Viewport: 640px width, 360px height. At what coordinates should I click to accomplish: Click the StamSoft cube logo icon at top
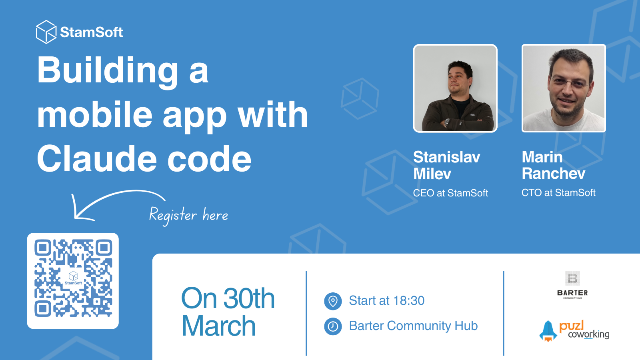point(46,32)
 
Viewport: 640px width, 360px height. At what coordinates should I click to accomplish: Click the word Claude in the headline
point(97,159)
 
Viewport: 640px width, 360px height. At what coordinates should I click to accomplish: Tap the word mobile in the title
point(95,115)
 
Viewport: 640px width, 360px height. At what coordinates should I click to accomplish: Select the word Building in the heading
point(107,71)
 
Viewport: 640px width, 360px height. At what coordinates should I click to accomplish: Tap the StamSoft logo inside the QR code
point(73,278)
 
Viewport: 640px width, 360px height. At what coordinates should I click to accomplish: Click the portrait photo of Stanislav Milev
point(455,88)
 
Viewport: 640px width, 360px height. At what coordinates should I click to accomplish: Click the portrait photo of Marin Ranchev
point(563,88)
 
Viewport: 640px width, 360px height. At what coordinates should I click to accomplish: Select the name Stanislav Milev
point(446,165)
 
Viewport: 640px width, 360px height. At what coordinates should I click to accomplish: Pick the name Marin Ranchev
point(553,165)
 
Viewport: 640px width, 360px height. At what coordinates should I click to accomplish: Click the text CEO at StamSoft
point(450,193)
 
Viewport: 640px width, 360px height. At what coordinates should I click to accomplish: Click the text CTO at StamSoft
point(558,193)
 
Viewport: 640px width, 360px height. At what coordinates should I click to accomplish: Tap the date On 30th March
point(228,312)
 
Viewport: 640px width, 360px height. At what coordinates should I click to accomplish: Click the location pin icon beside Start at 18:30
point(333,301)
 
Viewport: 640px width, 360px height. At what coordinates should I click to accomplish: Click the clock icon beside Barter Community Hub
point(333,326)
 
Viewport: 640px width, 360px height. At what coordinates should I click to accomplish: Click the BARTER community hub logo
point(572,285)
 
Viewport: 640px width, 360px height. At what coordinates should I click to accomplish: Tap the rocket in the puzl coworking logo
point(548,331)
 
